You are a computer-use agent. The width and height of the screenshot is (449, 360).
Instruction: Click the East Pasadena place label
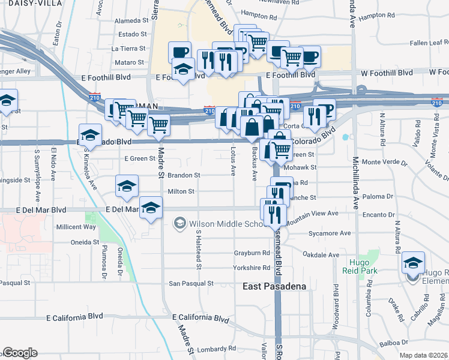click(x=274, y=286)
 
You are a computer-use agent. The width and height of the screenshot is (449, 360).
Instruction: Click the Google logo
click(x=20, y=353)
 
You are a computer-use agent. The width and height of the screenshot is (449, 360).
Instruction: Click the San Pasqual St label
click(x=190, y=283)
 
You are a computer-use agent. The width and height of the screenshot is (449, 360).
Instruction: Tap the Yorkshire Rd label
click(x=252, y=268)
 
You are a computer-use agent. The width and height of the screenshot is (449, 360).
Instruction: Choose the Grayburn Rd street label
click(x=252, y=253)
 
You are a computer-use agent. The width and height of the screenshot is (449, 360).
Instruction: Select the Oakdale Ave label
click(x=321, y=255)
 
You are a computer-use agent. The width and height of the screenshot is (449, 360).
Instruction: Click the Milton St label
click(x=181, y=191)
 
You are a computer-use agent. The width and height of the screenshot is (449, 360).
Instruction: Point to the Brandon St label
click(x=183, y=175)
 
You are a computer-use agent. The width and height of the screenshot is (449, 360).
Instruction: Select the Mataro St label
click(x=129, y=62)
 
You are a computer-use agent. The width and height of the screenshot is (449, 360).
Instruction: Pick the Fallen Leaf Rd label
click(x=429, y=43)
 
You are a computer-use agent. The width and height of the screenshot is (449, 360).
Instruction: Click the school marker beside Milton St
click(x=127, y=187)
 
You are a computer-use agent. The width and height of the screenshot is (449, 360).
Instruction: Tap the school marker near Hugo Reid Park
click(x=413, y=263)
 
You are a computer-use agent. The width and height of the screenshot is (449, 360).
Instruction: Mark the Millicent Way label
click(x=76, y=227)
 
